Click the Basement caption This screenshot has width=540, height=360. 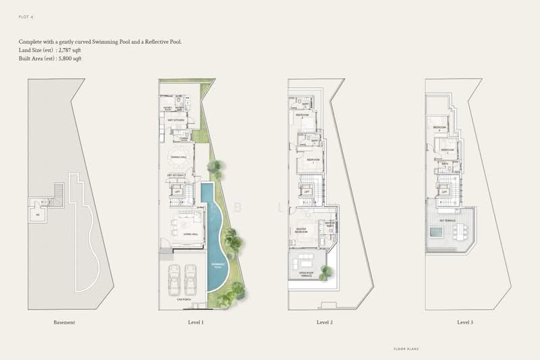pos(64,322)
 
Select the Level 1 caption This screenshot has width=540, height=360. pos(196,322)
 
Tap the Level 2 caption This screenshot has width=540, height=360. pos(324,322)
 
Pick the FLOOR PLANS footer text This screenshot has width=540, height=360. pos(406,349)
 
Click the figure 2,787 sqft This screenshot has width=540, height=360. pos(69,51)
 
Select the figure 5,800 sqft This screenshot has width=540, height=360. pos(71,59)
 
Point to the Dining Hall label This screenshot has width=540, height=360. pos(178,157)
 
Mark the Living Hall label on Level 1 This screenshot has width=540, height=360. pos(180,234)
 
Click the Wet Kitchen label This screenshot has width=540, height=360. pos(176,121)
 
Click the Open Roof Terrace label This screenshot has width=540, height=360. pos(308,274)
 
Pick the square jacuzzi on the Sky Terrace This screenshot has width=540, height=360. pos(436,233)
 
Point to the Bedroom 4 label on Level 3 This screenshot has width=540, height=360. pos(439,127)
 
